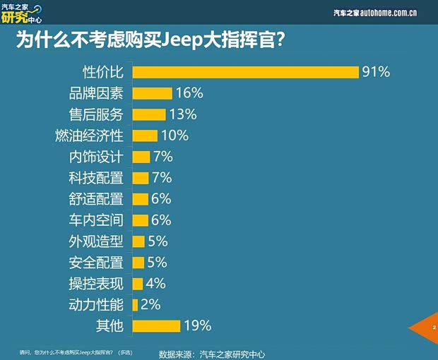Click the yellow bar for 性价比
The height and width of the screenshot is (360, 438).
click(x=246, y=72)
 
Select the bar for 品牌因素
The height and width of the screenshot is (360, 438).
click(x=152, y=93)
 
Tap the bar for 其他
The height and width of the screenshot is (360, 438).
click(x=155, y=325)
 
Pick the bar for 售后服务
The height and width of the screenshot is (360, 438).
click(x=148, y=114)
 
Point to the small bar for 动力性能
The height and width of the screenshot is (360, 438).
click(x=135, y=305)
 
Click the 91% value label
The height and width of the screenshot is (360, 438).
click(x=377, y=72)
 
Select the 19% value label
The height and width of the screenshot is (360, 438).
click(x=198, y=325)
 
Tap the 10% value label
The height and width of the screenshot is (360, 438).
click(x=174, y=136)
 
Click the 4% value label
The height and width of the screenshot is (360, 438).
click(x=155, y=284)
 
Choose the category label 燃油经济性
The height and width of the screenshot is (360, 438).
click(x=89, y=136)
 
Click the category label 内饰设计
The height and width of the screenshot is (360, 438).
click(x=96, y=157)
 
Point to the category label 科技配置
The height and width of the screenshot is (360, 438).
click(x=96, y=178)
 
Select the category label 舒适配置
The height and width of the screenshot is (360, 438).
click(x=96, y=199)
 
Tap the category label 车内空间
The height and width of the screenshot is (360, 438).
click(x=96, y=220)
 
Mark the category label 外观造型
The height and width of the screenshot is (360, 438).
click(x=96, y=241)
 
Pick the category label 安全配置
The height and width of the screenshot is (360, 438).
click(x=96, y=263)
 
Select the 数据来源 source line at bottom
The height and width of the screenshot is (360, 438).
click(x=212, y=353)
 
